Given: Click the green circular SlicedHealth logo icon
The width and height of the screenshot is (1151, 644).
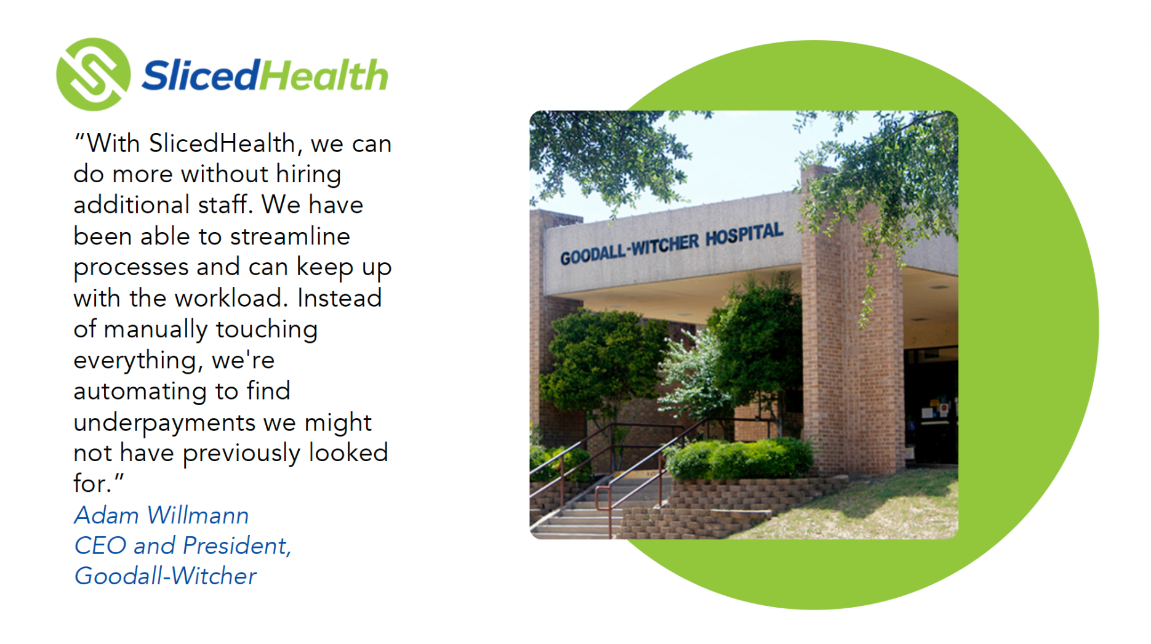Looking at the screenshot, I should (93, 74).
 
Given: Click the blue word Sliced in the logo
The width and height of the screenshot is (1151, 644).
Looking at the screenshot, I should (200, 76).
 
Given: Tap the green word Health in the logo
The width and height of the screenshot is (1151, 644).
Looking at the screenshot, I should (324, 76).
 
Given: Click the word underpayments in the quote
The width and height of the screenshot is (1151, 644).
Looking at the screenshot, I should (164, 423).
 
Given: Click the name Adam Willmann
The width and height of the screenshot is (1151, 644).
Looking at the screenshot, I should (161, 515).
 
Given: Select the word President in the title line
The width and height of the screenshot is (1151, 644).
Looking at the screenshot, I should (236, 546).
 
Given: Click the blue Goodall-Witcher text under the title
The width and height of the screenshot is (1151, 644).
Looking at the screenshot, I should (165, 576).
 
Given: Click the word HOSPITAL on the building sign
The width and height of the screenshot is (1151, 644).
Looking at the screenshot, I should (744, 235).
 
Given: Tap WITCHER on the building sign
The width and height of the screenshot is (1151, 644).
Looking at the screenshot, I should (665, 244).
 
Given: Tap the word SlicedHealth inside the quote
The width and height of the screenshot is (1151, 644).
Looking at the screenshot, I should (222, 144).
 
